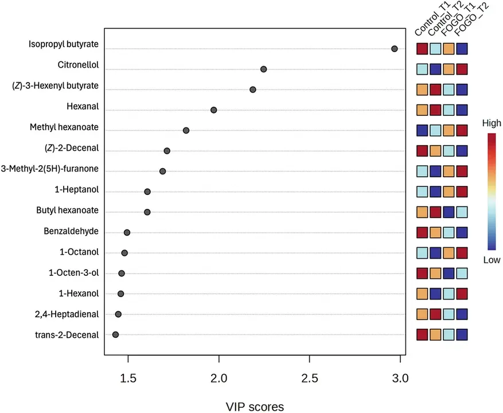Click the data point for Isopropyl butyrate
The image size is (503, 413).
pos(394,49)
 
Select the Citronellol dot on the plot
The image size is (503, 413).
pos(263,69)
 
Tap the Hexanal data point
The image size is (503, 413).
pos(214,110)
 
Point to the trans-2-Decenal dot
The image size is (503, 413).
pos(115,334)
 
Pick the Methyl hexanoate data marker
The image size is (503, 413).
pos(186,130)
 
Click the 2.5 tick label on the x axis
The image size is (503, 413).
pos(310,379)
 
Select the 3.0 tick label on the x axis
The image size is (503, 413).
pos(400,379)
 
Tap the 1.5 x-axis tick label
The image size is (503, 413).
pos(128,379)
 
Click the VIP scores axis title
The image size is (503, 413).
pos(255,407)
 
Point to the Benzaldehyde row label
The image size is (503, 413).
pos(71,231)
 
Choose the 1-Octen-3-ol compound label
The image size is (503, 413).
pos(74,273)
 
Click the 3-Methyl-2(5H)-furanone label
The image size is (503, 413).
pos(50,169)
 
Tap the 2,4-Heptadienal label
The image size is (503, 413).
pos(67,314)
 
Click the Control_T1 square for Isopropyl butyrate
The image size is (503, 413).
pos(422,49)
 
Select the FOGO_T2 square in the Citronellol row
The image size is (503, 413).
pos(462,69)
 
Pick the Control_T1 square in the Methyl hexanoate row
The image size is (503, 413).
pos(422,130)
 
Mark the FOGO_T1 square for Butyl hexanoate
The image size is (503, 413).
pos(449,212)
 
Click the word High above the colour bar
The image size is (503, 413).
pos(492,123)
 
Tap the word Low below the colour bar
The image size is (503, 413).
pos(492,260)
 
